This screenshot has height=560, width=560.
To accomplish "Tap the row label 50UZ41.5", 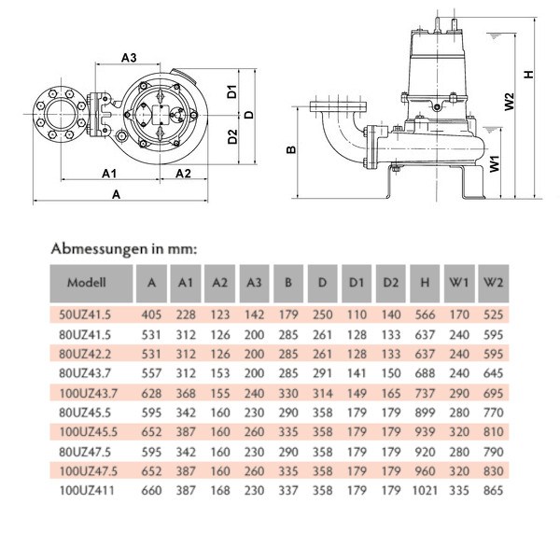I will (x=86, y=315).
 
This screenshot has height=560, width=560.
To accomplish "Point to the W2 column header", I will (x=494, y=282).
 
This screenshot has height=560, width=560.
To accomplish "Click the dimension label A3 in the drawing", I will (x=131, y=58).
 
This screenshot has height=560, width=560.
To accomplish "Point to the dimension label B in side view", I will (x=291, y=149).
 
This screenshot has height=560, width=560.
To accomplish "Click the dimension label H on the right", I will (x=530, y=76).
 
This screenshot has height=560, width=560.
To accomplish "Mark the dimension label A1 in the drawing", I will (x=108, y=174).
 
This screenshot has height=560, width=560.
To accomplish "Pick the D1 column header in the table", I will (x=357, y=282).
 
